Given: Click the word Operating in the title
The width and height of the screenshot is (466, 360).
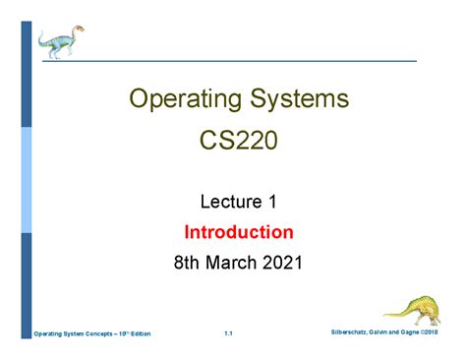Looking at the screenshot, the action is [x=186, y=99].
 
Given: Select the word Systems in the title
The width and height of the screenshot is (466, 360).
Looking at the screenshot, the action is [x=300, y=98].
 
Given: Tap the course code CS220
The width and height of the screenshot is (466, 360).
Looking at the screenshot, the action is [x=239, y=141].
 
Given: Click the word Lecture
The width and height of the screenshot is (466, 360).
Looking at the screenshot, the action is [x=231, y=202].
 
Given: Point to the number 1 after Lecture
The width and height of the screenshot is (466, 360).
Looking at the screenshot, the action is [x=272, y=202].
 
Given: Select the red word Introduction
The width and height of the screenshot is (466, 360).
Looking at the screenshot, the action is [x=239, y=232].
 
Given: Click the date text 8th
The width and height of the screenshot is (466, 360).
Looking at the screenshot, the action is [x=186, y=263].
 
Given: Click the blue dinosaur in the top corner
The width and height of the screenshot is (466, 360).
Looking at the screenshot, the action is [x=61, y=42].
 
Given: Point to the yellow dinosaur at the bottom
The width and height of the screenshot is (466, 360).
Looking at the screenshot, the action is [x=413, y=310].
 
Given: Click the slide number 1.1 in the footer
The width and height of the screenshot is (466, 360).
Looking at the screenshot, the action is [x=228, y=333].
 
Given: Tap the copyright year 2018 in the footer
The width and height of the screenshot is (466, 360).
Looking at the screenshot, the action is [x=432, y=332].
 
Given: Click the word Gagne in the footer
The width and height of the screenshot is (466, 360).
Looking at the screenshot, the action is [x=410, y=332].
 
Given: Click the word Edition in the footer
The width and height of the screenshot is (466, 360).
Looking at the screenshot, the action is [x=141, y=334].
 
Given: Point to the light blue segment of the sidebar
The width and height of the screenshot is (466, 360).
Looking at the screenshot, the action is [x=27, y=180].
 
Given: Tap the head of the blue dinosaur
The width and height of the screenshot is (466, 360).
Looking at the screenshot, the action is [x=78, y=30].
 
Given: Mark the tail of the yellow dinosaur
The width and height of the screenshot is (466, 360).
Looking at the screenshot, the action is [x=395, y=314].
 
